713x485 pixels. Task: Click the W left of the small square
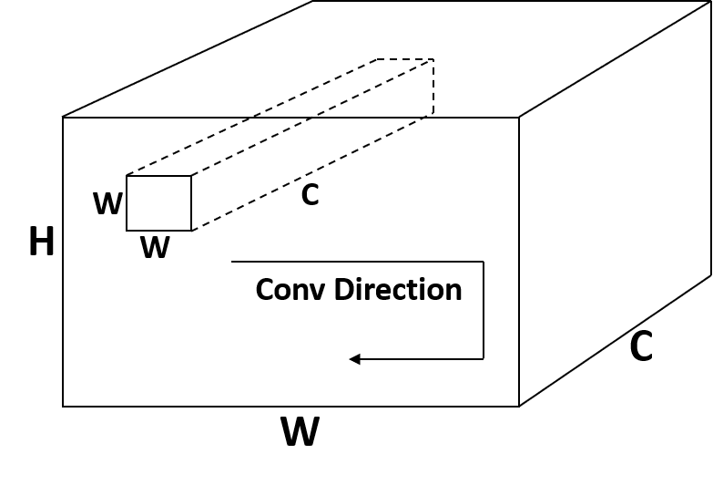point(107,204)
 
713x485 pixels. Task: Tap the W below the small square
point(155,247)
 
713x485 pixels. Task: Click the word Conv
point(290,290)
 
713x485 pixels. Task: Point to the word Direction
point(398,290)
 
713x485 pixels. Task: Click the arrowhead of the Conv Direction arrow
point(354,359)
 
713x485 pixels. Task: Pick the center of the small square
point(158,203)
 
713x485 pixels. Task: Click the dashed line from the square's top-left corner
point(187,147)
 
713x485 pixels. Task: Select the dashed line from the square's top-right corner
point(250,147)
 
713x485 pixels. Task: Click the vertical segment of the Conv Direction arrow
point(483,310)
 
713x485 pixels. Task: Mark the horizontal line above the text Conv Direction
point(355,262)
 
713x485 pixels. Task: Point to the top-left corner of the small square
point(127,176)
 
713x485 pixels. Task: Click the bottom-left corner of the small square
point(127,231)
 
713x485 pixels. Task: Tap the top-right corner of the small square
point(191,176)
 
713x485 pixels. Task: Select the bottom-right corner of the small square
point(191,231)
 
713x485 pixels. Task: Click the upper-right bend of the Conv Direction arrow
point(483,262)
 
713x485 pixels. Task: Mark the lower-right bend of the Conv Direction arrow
point(483,359)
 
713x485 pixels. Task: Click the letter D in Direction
point(343,290)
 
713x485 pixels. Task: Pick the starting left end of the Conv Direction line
point(233,262)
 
